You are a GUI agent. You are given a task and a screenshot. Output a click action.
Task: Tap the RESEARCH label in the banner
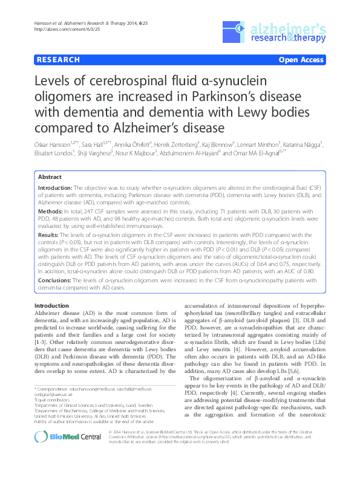click(x=58, y=60)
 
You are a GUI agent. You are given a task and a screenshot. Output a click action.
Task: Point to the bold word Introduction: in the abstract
click(x=55, y=172)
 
